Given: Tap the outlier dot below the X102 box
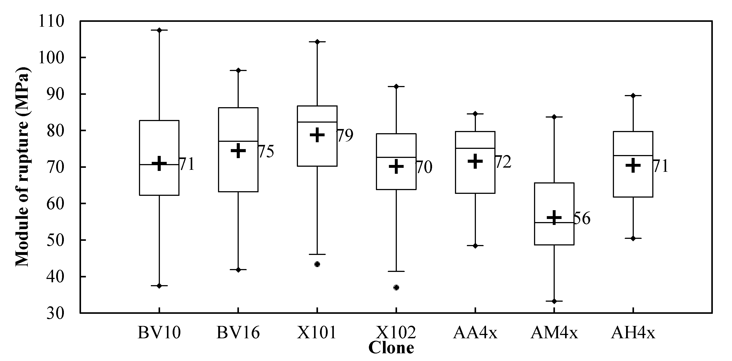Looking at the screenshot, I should tap(396, 287).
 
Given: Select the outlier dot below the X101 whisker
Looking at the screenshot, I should tap(317, 264).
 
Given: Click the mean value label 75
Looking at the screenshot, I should tap(266, 151).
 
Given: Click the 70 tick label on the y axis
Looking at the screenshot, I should tap(56, 167).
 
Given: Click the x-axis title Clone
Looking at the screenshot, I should tap(391, 348).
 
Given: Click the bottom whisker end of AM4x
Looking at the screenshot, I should tap(554, 301).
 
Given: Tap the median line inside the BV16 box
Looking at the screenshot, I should tap(238, 141).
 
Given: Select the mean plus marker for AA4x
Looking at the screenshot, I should tap(475, 161).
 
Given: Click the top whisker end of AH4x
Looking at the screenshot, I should tap(633, 95).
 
